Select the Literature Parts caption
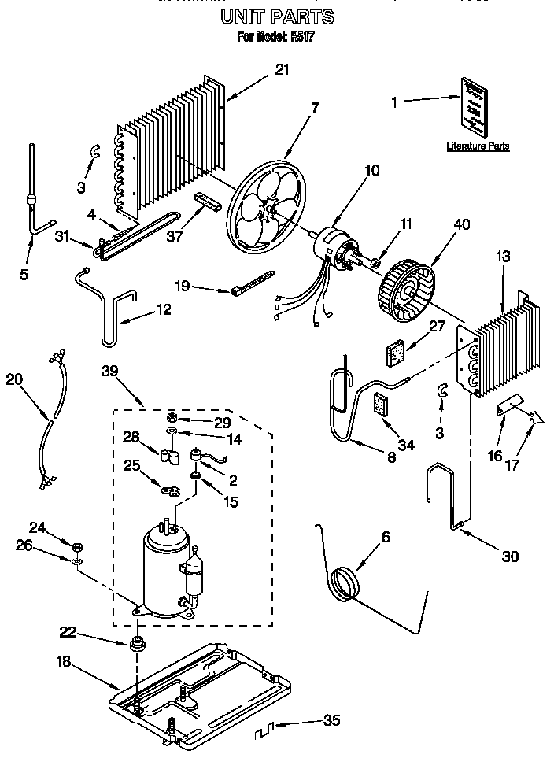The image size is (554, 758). (x=478, y=146)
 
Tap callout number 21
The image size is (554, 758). (x=282, y=69)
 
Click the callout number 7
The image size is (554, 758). (x=315, y=108)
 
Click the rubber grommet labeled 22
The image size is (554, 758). (x=139, y=644)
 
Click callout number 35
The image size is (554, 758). (x=331, y=721)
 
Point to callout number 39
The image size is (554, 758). (x=112, y=370)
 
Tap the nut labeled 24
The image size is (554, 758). (x=77, y=547)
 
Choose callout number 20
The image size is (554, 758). (x=14, y=379)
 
